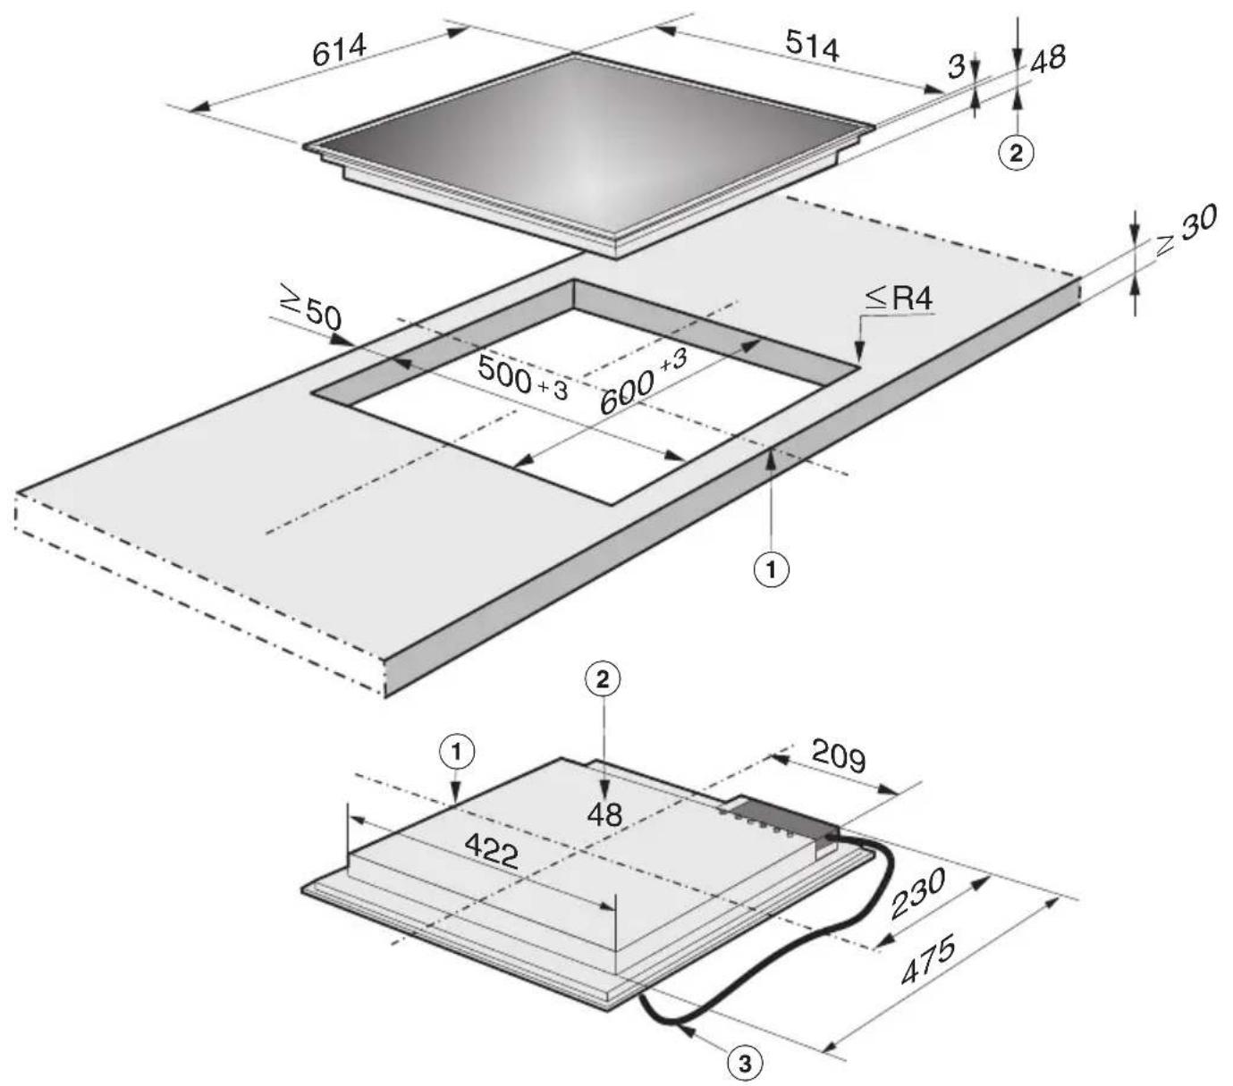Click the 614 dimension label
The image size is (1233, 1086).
[x=340, y=49]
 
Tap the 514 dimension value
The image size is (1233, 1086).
[x=812, y=46]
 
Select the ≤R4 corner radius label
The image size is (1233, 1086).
[x=899, y=299]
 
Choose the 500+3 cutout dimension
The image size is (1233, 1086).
[x=523, y=378]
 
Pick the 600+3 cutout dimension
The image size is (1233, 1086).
[x=643, y=382]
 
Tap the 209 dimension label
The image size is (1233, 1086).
[x=839, y=757]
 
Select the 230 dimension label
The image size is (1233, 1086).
[x=917, y=893]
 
